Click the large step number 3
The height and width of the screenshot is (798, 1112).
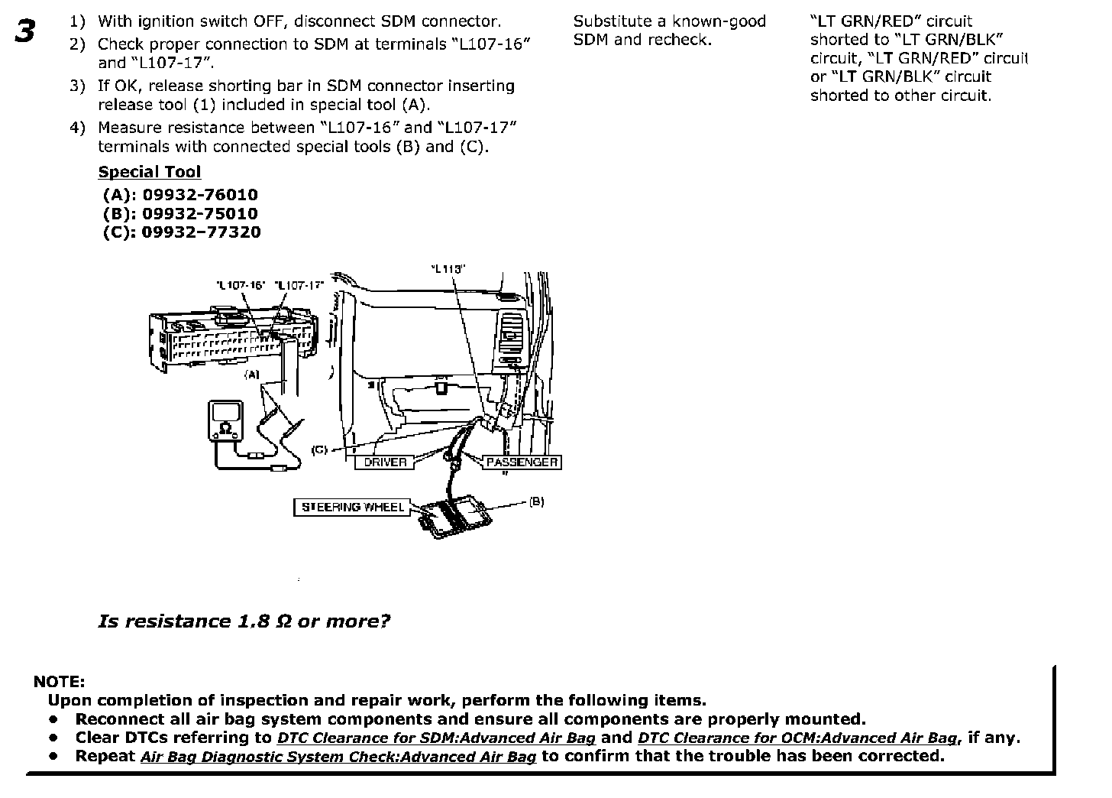24,32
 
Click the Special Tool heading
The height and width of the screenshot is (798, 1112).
150,172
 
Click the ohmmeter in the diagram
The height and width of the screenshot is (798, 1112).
225,422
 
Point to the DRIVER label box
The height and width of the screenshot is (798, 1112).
385,462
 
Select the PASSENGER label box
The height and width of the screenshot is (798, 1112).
522,462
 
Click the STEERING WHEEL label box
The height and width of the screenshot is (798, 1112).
352,507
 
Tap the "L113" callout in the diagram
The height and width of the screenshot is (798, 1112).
448,268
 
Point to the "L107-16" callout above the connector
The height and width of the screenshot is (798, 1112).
241,285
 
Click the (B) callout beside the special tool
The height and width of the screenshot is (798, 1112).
537,501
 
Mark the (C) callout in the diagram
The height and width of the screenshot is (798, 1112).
320,449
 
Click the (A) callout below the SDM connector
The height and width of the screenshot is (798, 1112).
252,375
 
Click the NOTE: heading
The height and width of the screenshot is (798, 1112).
60,682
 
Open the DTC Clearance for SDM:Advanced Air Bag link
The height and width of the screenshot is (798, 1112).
436,738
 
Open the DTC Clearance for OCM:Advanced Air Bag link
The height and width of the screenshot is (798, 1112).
798,738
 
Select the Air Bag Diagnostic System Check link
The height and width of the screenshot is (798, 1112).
338,757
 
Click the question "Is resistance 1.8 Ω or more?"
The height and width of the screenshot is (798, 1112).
244,621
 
